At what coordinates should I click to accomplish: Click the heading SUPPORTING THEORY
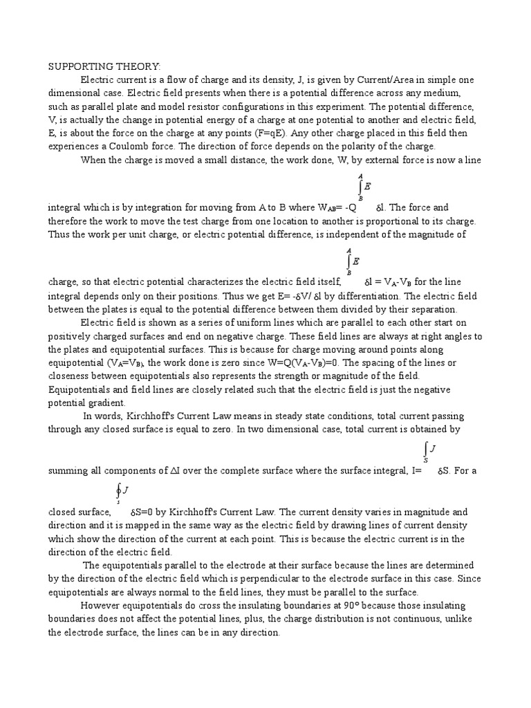click(x=104, y=66)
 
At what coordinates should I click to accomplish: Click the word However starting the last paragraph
click(x=102, y=606)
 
